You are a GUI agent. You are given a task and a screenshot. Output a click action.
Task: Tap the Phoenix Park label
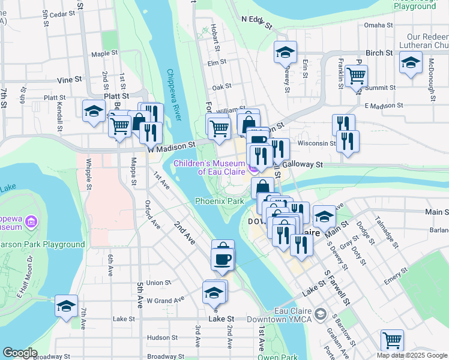pyautogui.click(x=219, y=202)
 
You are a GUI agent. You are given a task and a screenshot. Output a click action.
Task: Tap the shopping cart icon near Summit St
pyautogui.click(x=356, y=76)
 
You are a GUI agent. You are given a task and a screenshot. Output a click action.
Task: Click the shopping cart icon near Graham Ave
pyautogui.click(x=392, y=340)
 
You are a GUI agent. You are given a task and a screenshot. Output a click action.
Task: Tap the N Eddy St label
pyautogui.click(x=257, y=19)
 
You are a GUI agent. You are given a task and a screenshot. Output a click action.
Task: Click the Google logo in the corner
pyautogui.click(x=20, y=353)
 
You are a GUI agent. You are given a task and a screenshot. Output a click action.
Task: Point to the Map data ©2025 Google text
pyautogui.click(x=412, y=355)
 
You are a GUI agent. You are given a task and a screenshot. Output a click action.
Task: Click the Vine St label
pyautogui.click(x=69, y=79)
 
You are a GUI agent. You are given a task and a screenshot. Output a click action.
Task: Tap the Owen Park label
pyautogui.click(x=277, y=357)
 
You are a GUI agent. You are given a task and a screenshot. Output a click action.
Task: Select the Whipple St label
pyautogui.click(x=88, y=174)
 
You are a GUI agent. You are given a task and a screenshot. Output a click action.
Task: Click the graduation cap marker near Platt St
pyautogui.click(x=94, y=111)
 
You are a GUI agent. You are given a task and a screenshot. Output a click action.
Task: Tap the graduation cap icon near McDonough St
pyautogui.click(x=411, y=62)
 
